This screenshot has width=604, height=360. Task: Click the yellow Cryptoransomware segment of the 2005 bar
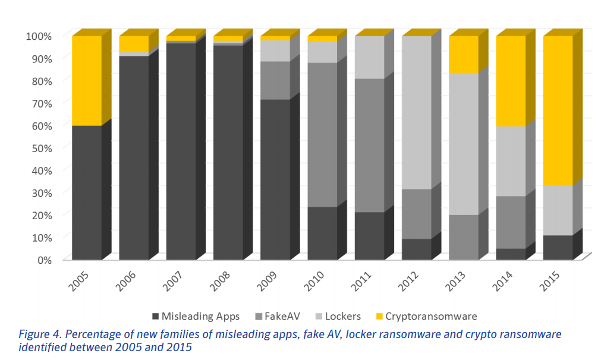pos(86,80)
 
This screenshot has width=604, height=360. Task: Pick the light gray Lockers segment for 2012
pos(417,113)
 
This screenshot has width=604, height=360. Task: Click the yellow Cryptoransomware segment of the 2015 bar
pos(558,110)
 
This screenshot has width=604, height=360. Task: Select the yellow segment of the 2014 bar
pos(511,81)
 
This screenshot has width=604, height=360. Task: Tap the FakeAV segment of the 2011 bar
pos(370,146)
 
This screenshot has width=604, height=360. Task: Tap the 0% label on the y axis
pos(44,260)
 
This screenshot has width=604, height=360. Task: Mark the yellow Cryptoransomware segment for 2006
pos(134,44)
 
